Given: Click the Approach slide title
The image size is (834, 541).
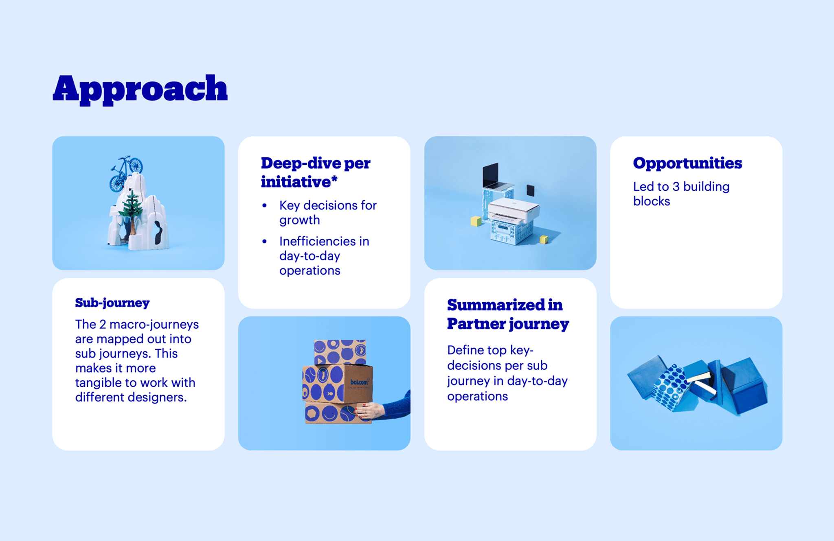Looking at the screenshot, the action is tap(140, 89).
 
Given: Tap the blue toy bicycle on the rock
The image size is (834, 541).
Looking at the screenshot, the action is tap(126, 172).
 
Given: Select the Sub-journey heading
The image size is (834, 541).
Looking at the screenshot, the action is tap(112, 303).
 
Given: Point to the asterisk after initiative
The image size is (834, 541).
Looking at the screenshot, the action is tap(334, 179).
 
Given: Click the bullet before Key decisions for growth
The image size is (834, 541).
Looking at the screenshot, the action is tap(265, 205).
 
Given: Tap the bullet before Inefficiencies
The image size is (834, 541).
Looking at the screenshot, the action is tap(265, 241).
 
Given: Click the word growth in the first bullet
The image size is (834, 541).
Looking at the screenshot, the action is tap(300, 220).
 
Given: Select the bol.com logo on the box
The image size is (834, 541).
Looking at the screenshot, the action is tap(359, 382).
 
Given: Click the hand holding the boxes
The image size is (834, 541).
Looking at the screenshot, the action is tap(369, 411).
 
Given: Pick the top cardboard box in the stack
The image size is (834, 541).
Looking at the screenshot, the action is tap(340, 352).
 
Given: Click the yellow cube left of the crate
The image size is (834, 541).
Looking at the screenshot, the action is tap(476, 221).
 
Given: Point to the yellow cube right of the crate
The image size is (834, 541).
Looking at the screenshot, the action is tap(544, 240).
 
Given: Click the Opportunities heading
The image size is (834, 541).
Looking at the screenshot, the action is tap(687, 164).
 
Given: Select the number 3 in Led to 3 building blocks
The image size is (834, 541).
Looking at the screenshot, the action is tap(676, 187).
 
